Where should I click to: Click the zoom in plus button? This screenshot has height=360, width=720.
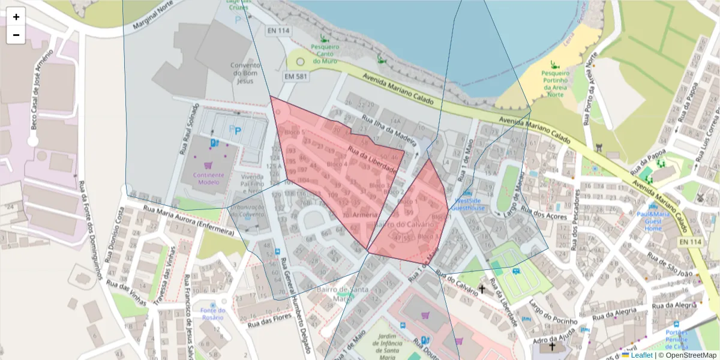coord(16,17)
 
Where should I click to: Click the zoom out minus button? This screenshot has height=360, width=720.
coord(16,35)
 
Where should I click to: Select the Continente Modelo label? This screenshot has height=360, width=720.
coord(208,179)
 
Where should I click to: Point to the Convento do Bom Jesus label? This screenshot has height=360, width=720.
coord(245,73)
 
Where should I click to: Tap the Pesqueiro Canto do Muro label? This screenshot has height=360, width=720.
coord(326,53)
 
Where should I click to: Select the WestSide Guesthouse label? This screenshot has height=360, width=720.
coord(469,204)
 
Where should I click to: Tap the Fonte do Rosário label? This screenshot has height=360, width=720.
coord(213,313)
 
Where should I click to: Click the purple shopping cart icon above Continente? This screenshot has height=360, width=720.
coord(208,165)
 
